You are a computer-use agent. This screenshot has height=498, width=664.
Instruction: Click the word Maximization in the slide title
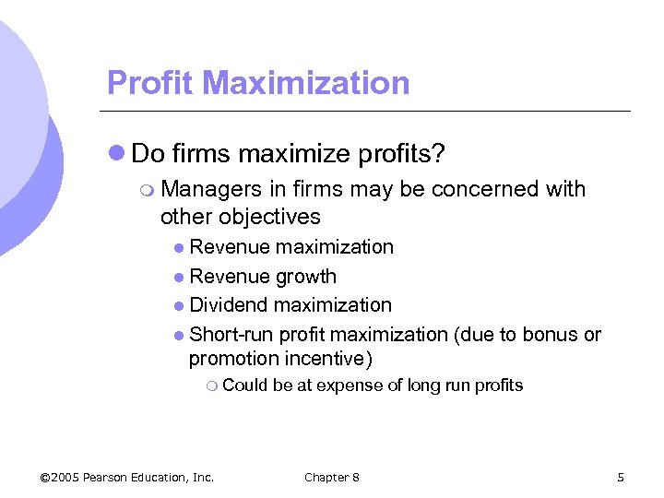click(x=306, y=83)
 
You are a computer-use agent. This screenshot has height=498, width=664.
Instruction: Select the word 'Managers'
click(x=211, y=189)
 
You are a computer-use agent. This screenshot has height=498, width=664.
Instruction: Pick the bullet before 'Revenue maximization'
click(x=179, y=247)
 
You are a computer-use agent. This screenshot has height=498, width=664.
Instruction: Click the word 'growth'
click(x=306, y=276)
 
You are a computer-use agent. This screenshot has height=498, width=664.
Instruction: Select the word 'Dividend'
click(x=227, y=304)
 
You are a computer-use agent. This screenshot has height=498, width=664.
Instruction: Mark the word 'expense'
click(x=347, y=385)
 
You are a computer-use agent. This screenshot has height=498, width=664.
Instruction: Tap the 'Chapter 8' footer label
click(x=332, y=477)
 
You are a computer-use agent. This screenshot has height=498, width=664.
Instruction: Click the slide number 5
click(x=621, y=477)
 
